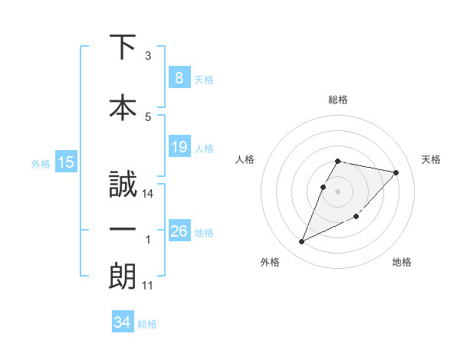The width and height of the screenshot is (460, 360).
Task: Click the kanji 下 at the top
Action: pyautogui.click(x=123, y=47)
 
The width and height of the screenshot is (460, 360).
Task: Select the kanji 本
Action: pyautogui.click(x=123, y=107)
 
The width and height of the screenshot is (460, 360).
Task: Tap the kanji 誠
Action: pyautogui.click(x=123, y=185)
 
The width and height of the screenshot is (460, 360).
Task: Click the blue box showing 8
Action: pyautogui.click(x=179, y=78)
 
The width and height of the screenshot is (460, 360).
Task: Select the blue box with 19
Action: pyautogui.click(x=179, y=147)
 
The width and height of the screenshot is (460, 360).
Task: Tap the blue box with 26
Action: pyautogui.click(x=179, y=231)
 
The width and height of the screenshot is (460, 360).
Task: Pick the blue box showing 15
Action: pyautogui.click(x=66, y=162)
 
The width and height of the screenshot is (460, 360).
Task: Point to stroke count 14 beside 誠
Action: pyautogui.click(x=148, y=194)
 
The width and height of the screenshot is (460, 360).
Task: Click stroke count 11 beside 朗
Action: pyautogui.click(x=148, y=286)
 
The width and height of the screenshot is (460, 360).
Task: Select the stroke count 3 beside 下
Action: pyautogui.click(x=148, y=56)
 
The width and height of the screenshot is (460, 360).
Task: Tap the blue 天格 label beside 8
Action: pyautogui.click(x=204, y=79)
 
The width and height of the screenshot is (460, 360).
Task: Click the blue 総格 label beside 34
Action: pyautogui.click(x=147, y=324)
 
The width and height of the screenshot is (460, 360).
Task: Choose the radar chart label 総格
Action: pyautogui.click(x=338, y=100)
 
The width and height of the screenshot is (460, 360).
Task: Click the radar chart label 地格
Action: pyautogui.click(x=402, y=262)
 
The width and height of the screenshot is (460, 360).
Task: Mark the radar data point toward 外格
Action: pyautogui.click(x=302, y=241)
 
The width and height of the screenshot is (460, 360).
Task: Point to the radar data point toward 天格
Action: pyautogui.click(x=396, y=173)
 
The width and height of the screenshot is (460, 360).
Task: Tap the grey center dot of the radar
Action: pyautogui.click(x=338, y=191)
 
